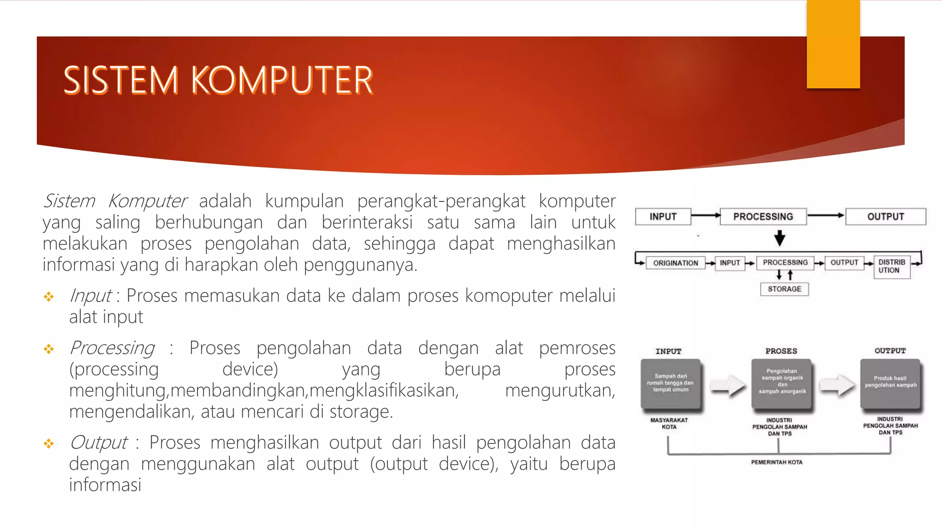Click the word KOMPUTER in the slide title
[x=281, y=81]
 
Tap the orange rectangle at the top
[x=833, y=44]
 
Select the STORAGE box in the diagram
[x=784, y=289]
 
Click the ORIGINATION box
[x=675, y=263]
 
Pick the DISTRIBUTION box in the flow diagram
[x=891, y=266]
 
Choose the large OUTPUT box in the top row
[x=885, y=217]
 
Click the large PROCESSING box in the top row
[x=763, y=217]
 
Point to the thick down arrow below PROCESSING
[x=780, y=238]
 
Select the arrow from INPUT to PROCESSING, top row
[x=706, y=215]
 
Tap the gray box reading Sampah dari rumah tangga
[x=671, y=383]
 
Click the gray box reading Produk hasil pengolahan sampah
[x=890, y=383]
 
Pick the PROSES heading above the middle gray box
[x=781, y=351]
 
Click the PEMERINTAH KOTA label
[x=777, y=462]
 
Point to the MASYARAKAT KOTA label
[x=669, y=423]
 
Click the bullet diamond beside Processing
[x=49, y=349]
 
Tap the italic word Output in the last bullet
[x=98, y=443]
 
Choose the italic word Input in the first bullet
[x=90, y=296]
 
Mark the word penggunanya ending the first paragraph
[x=360, y=265]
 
